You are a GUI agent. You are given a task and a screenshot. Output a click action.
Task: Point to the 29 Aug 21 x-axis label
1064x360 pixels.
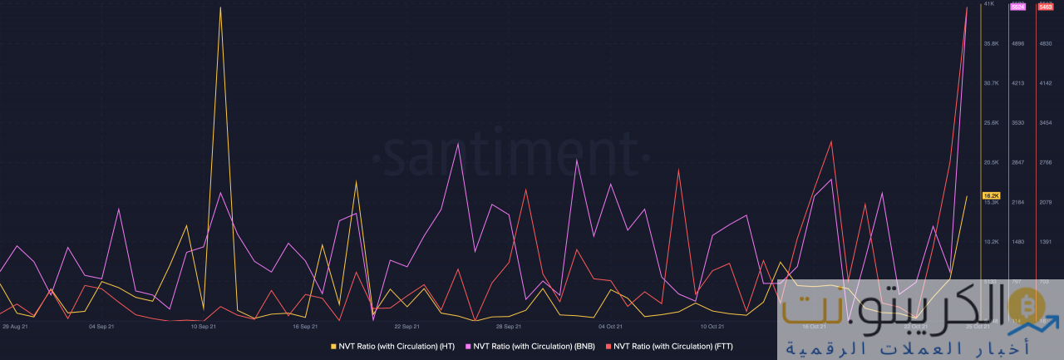click(16, 327)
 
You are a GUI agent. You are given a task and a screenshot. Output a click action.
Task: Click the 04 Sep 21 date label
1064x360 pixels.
click(101, 327)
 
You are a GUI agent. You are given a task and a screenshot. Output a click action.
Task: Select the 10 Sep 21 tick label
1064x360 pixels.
click(204, 327)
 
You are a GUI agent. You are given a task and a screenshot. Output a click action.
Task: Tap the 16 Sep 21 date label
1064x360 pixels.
click(305, 327)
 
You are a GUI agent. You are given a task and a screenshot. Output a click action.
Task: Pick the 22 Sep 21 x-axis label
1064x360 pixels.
click(406, 327)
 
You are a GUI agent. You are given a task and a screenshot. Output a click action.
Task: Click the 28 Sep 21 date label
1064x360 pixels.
click(509, 327)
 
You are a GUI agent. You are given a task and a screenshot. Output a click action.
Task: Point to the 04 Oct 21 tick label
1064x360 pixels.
click(610, 327)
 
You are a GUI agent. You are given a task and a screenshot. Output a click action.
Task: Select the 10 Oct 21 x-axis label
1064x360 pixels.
click(712, 327)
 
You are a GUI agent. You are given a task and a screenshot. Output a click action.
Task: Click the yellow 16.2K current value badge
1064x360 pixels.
click(991, 195)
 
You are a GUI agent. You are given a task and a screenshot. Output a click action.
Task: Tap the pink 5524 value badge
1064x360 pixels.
click(1017, 7)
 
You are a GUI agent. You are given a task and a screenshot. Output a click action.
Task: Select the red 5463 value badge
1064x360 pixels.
click(1046, 7)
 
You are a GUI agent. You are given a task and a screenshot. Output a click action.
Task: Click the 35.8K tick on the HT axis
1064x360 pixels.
click(991, 43)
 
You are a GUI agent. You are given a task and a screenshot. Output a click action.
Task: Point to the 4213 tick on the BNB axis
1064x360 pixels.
click(1017, 83)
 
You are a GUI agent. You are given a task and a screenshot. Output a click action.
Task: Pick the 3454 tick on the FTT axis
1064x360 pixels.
click(1046, 123)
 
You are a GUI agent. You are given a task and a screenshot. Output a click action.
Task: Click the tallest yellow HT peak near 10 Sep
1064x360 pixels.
click(220, 8)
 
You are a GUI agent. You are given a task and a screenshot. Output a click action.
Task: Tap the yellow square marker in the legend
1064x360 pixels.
click(333, 346)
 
